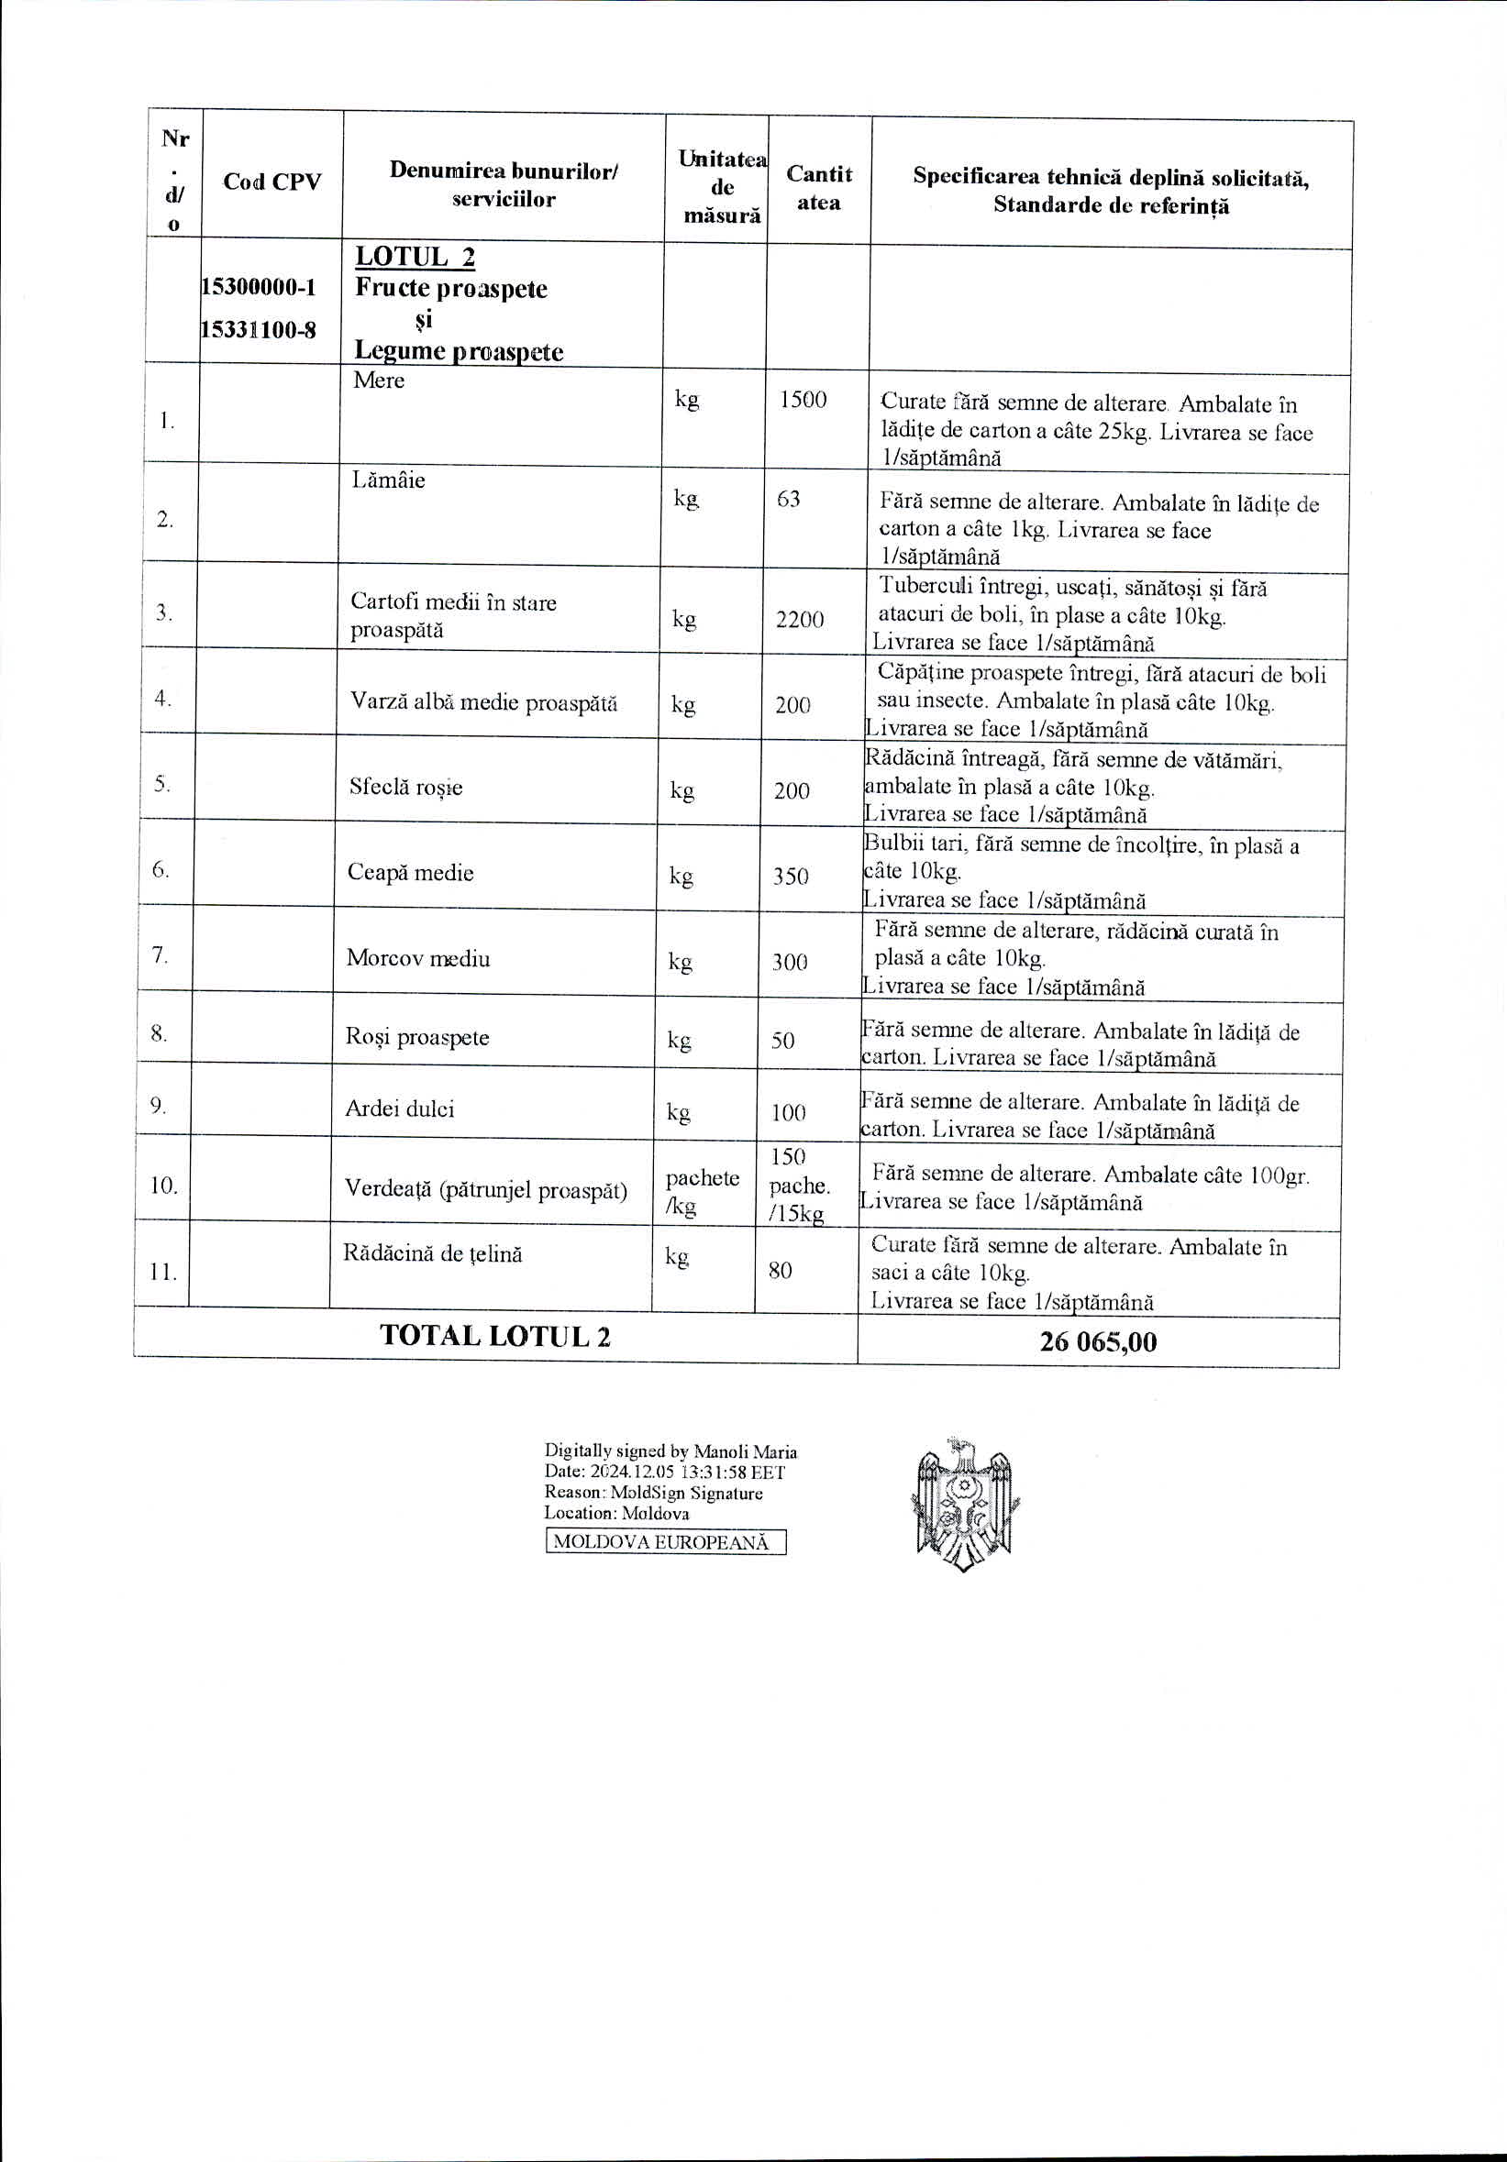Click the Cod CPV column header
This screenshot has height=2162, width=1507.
click(271, 182)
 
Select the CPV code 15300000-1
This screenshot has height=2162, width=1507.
click(258, 287)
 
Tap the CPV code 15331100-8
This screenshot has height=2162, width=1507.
click(258, 329)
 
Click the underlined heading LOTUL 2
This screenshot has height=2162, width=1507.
click(415, 257)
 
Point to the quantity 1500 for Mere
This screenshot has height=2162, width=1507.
click(803, 399)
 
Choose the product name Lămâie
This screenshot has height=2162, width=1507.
click(388, 480)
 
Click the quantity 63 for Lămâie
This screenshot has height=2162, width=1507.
click(788, 498)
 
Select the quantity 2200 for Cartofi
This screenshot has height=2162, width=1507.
click(800, 619)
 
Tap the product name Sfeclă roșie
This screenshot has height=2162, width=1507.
click(405, 788)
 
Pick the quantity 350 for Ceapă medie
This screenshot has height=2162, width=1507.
click(791, 876)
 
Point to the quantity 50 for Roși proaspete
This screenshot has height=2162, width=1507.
click(782, 1041)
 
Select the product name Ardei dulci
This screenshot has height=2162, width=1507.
click(399, 1109)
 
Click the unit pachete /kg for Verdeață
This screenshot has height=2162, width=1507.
click(702, 1191)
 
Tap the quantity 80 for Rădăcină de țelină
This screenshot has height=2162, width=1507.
click(780, 1270)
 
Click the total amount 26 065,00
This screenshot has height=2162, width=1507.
click(1097, 1341)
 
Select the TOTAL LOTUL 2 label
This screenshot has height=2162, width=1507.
click(494, 1335)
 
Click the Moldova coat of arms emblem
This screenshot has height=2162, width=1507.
click(966, 1504)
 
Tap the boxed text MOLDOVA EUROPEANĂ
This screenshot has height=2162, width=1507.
click(665, 1542)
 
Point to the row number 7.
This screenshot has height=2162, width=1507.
click(161, 954)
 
